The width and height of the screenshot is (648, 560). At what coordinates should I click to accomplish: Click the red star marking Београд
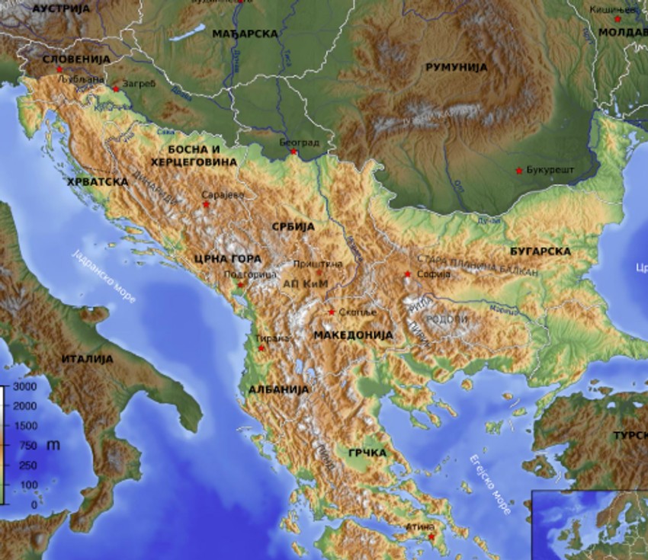click(x=294, y=151)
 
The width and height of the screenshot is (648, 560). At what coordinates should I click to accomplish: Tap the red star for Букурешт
click(x=519, y=170)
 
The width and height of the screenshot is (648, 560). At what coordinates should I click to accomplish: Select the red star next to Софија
click(x=408, y=274)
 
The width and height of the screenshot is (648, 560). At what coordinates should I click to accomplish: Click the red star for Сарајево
click(x=206, y=204)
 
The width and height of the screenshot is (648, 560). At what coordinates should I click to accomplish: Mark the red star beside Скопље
click(x=332, y=312)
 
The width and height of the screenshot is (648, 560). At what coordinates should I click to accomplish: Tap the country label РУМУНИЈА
click(x=456, y=67)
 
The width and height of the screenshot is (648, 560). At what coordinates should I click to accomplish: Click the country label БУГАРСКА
click(x=541, y=251)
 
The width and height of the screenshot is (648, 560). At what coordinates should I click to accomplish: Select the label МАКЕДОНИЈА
click(x=353, y=334)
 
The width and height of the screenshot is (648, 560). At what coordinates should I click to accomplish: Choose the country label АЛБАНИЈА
click(x=278, y=389)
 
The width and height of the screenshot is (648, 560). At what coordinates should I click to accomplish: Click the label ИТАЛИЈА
click(x=88, y=358)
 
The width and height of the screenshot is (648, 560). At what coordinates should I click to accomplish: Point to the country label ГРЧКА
click(x=367, y=453)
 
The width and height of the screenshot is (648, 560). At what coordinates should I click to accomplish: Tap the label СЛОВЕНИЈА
click(x=76, y=59)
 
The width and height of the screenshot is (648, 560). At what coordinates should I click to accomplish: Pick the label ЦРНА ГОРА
click(x=228, y=258)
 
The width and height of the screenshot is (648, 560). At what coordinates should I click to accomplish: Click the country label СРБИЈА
click(x=293, y=226)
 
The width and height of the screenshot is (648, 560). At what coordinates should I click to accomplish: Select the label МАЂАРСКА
click(x=245, y=34)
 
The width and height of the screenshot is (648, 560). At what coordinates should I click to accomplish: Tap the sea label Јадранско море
click(x=104, y=276)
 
